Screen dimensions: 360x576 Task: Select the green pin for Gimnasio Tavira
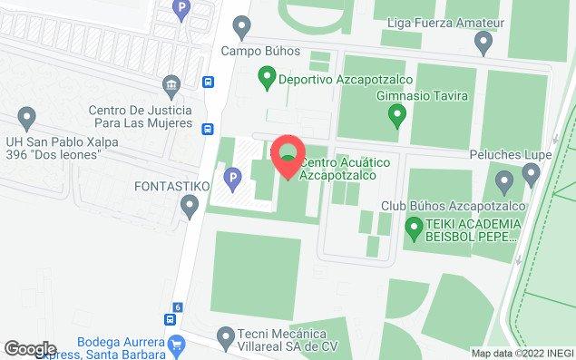[395, 115]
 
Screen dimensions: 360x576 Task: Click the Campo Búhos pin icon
[241, 25]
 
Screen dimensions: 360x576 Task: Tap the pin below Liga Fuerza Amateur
[483, 41]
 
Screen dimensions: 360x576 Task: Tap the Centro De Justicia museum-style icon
[170, 86]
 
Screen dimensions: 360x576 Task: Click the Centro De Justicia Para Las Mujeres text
[140, 116]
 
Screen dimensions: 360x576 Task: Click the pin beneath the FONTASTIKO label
[190, 208]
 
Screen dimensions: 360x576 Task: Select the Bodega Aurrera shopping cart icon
[177, 344]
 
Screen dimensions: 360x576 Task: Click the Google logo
[30, 349]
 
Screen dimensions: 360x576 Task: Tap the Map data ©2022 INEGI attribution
[520, 354]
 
